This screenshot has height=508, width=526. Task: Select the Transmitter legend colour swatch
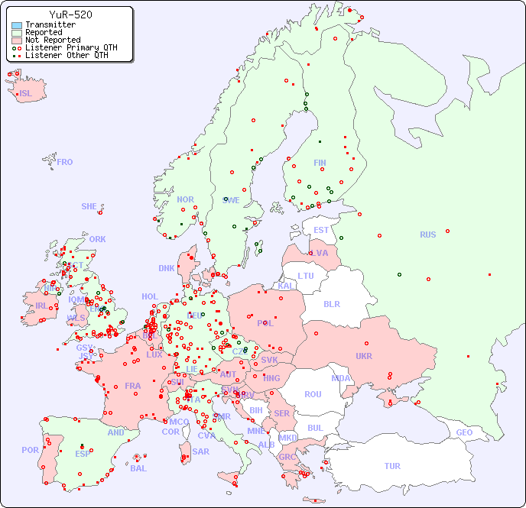click(x=17, y=25)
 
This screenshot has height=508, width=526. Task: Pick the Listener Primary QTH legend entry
click(x=64, y=47)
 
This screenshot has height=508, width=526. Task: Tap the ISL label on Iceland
click(x=26, y=94)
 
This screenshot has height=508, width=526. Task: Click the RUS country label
click(x=427, y=235)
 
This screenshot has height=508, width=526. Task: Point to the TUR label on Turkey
click(x=392, y=466)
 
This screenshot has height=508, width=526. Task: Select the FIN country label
click(x=320, y=163)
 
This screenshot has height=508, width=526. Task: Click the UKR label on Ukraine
click(x=364, y=356)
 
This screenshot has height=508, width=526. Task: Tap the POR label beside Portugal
click(x=30, y=450)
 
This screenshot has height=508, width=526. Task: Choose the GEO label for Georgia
click(x=464, y=432)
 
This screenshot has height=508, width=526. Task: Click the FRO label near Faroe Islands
click(x=65, y=162)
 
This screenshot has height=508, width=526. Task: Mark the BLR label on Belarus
click(x=331, y=303)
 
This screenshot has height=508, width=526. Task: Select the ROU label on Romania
click(x=313, y=394)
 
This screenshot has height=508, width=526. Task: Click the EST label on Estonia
click(x=321, y=230)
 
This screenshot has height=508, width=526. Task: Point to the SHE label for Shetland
click(x=89, y=206)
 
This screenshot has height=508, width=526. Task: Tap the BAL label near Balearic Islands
click(x=138, y=468)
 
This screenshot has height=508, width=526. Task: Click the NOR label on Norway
click(x=185, y=199)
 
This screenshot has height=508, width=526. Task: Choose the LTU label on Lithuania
click(x=306, y=276)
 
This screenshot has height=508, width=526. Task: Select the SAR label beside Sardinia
click(x=200, y=451)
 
